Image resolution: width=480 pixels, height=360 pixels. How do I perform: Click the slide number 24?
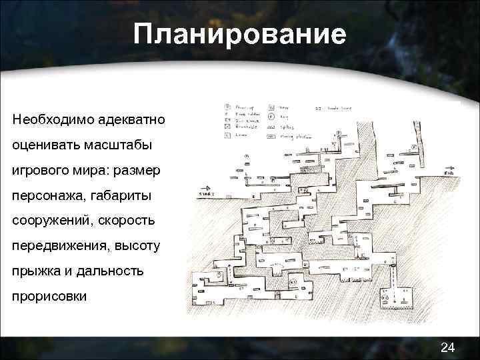point(448,347)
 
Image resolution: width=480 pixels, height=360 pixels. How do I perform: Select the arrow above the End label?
point(451,169)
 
